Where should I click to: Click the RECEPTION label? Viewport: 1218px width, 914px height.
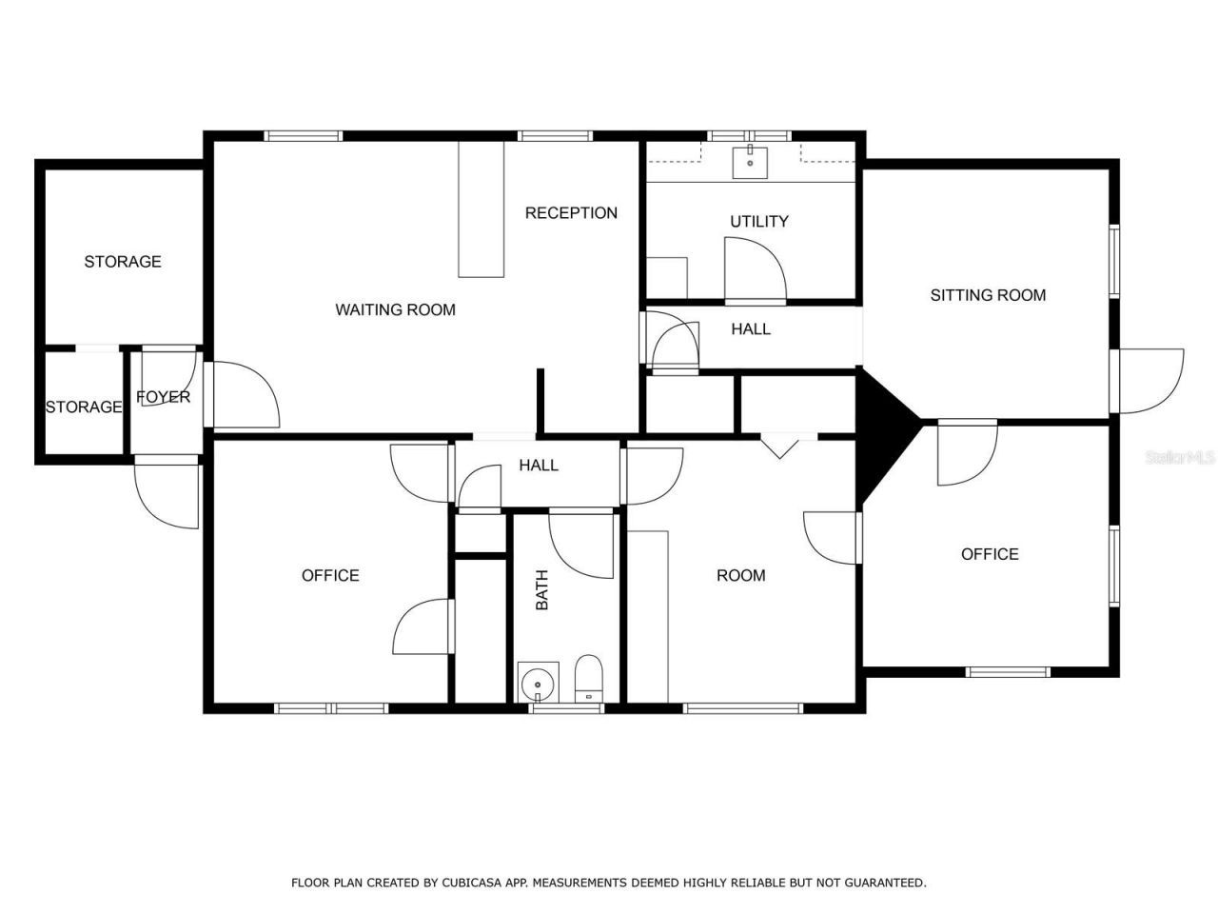pos(571,213)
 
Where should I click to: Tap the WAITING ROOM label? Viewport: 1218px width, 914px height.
pos(395,309)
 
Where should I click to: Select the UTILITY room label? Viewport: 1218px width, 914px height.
pos(758,222)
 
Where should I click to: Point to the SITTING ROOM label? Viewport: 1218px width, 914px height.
pos(988,295)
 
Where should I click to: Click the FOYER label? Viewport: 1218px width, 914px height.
pos(163,397)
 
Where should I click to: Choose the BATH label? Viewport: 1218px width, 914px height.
pos(542,590)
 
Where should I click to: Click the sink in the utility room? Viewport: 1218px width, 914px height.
pos(751,162)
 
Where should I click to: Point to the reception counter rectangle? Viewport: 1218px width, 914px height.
pos(481,209)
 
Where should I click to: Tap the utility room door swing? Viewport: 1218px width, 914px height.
pos(756,270)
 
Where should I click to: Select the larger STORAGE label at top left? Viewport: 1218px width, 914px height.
pos(123,262)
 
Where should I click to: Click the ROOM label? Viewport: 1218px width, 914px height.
pos(740,575)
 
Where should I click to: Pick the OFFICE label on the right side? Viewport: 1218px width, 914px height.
pos(990,554)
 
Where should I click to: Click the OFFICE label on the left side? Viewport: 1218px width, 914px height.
pos(330,575)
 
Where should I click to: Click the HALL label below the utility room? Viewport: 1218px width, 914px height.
pos(751,329)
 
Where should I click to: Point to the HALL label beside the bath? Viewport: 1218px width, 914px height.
pos(539,466)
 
